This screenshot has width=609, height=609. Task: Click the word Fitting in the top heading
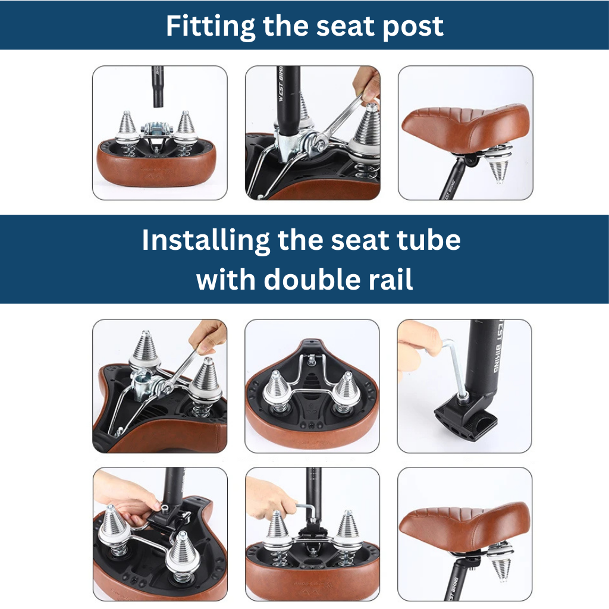[211, 26]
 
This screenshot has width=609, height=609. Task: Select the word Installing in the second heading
[205, 241]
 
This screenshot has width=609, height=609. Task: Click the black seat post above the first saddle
[157, 87]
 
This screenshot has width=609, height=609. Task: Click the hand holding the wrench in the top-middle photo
[367, 86]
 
